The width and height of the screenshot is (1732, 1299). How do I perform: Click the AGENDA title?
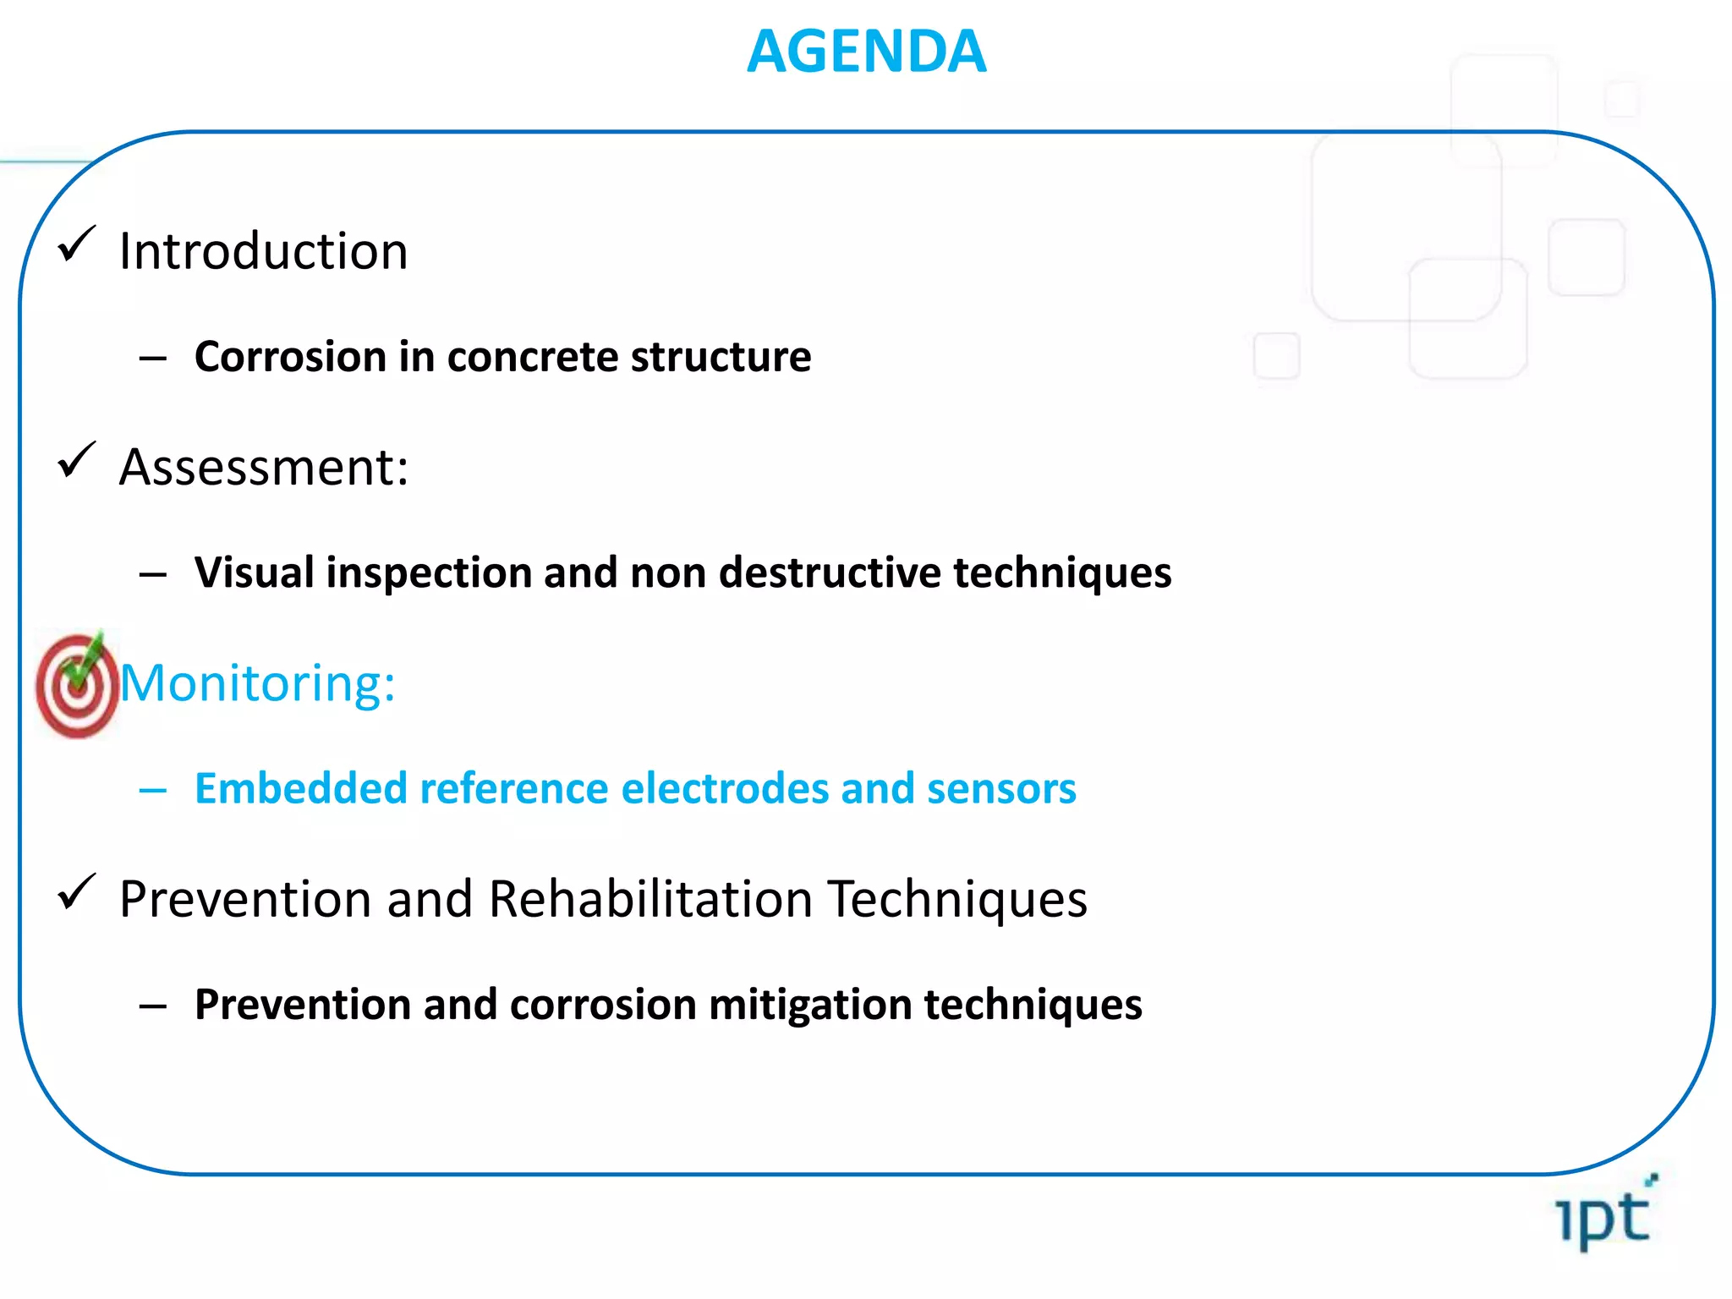[x=866, y=52]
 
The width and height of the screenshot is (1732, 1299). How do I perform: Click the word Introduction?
[x=263, y=251]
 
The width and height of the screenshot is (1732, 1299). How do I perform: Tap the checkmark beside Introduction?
[x=76, y=245]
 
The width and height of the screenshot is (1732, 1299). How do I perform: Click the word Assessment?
[x=264, y=467]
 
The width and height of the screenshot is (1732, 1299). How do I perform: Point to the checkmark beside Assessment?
[x=76, y=461]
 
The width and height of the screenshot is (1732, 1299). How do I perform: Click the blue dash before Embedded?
[x=153, y=791]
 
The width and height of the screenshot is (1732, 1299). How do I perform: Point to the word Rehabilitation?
[x=650, y=898]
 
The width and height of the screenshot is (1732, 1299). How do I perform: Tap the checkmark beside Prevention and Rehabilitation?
[x=76, y=893]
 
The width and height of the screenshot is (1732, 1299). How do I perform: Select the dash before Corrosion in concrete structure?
[x=153, y=359]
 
